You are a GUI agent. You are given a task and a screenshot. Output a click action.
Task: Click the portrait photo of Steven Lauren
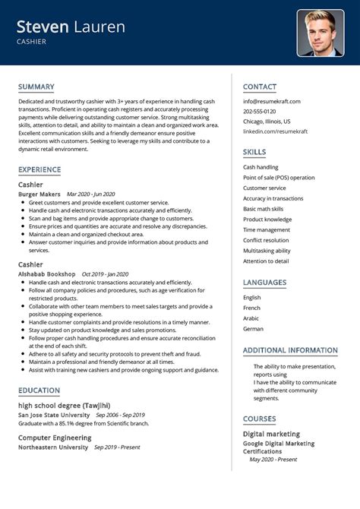321,33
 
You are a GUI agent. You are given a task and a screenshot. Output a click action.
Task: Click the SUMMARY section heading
36,87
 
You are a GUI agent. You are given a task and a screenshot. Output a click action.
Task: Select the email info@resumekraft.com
271,101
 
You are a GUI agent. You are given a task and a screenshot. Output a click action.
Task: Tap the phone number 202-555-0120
261,111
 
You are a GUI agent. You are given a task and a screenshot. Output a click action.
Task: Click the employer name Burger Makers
39,194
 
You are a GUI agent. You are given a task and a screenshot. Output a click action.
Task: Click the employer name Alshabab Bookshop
46,273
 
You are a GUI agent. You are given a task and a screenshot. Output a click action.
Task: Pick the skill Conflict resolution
266,240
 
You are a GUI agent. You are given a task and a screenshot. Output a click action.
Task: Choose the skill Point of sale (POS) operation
278,177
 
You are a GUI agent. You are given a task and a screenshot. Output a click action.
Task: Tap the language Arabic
252,318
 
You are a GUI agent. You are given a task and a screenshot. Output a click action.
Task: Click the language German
253,329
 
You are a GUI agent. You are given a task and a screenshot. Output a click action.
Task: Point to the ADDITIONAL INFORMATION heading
289,350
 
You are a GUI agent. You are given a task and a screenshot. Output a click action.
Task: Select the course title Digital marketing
270,434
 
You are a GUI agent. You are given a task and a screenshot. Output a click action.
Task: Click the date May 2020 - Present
273,460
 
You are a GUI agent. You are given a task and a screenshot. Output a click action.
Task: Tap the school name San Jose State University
53,416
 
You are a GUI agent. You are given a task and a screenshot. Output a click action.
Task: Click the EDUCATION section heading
39,390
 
